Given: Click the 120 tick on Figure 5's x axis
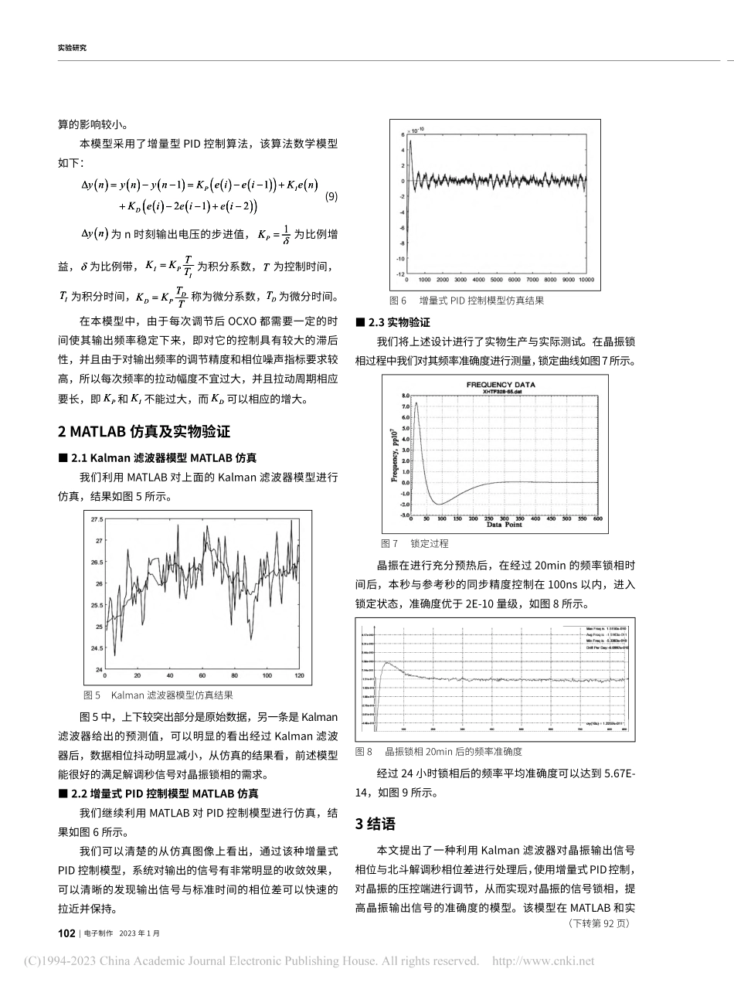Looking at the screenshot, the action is [300, 677].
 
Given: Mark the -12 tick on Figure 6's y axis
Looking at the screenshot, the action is [400, 274].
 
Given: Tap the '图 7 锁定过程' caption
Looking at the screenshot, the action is [414, 543].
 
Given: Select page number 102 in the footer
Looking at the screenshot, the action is [66, 933].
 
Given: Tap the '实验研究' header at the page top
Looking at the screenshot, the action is [72, 48].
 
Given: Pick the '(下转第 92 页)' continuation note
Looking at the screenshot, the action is [599, 923].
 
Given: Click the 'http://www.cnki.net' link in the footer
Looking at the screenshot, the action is [543, 962].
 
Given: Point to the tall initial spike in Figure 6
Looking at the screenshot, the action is [411, 142].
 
